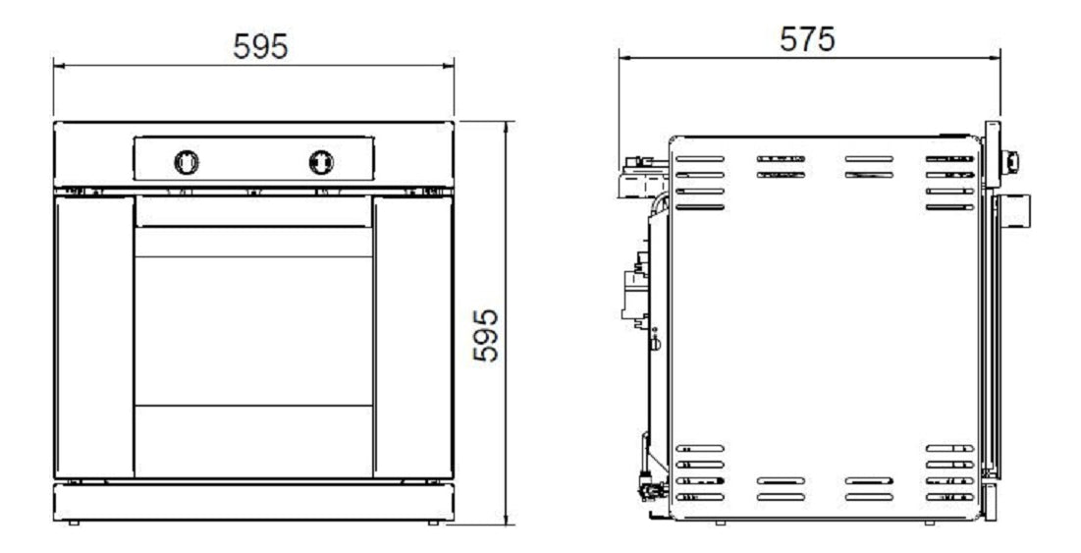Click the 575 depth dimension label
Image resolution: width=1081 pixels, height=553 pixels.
point(807,39)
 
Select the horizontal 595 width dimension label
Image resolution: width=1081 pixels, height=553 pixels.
point(260,45)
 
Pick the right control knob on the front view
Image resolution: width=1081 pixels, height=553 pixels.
point(321,161)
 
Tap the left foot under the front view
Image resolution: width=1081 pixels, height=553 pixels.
point(74,523)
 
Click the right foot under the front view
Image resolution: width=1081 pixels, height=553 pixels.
point(433,523)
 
